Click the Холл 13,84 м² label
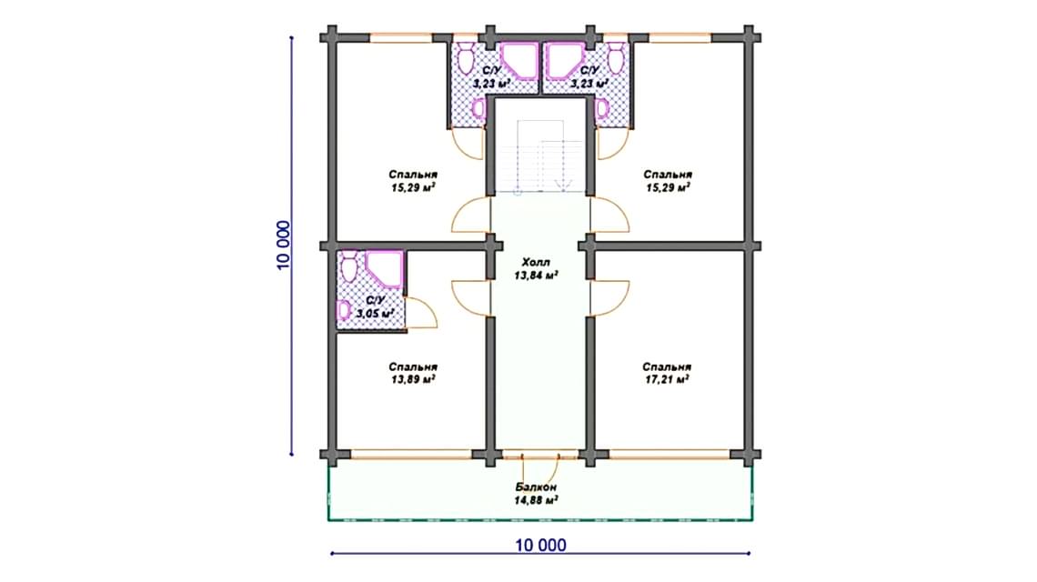pos(537,268)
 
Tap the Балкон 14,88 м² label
pos(537,494)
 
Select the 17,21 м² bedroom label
pos(667,373)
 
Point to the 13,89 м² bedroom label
pos(413,373)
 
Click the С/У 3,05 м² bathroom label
pos(375,306)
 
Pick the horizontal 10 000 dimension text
pos(541,545)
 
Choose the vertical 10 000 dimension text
pos(283,246)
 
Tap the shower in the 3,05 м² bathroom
pos(384,268)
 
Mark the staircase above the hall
pos(540,156)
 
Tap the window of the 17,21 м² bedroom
pos(670,455)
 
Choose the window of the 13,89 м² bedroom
pos(410,455)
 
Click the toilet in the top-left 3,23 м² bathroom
pos(466,58)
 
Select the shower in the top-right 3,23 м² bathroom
pos(564,61)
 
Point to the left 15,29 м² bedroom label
pos(413,181)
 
